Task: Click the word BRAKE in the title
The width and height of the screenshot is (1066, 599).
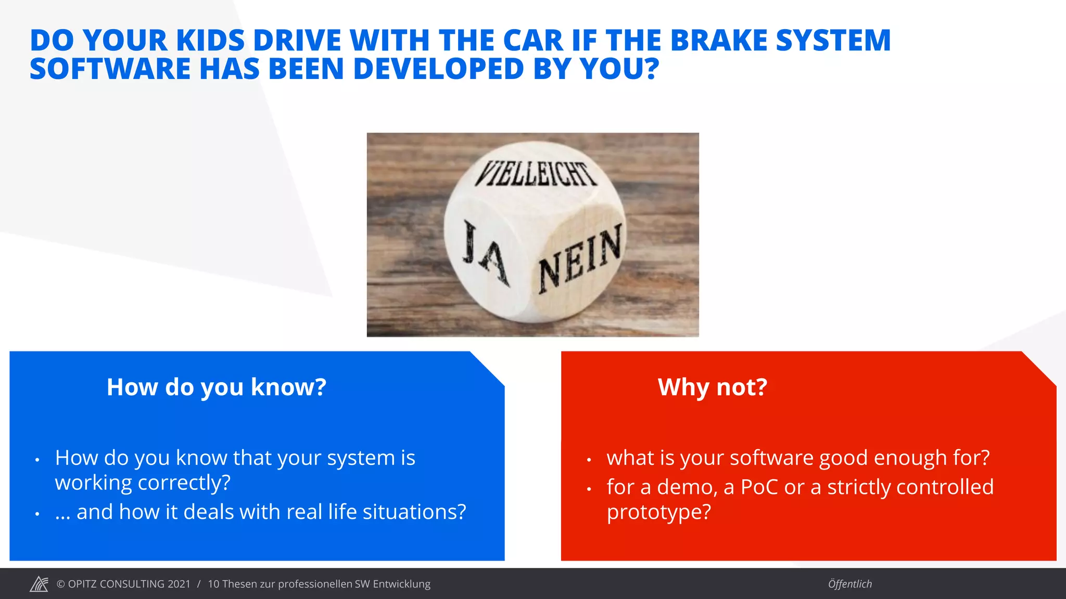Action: pyautogui.click(x=719, y=41)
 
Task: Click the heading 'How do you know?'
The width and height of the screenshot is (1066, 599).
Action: pyautogui.click(x=217, y=387)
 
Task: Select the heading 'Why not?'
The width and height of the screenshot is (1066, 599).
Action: pyautogui.click(x=713, y=387)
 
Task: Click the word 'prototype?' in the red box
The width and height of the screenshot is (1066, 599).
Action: pyautogui.click(x=658, y=512)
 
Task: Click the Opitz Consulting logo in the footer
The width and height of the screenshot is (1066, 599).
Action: pyautogui.click(x=39, y=584)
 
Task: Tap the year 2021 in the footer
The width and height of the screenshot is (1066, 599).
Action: pyautogui.click(x=179, y=584)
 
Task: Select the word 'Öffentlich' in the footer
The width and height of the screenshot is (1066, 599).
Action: pyautogui.click(x=850, y=584)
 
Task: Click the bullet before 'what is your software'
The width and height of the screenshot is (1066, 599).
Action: pyautogui.click(x=589, y=460)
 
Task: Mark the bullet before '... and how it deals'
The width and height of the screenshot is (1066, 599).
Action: pyautogui.click(x=37, y=514)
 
